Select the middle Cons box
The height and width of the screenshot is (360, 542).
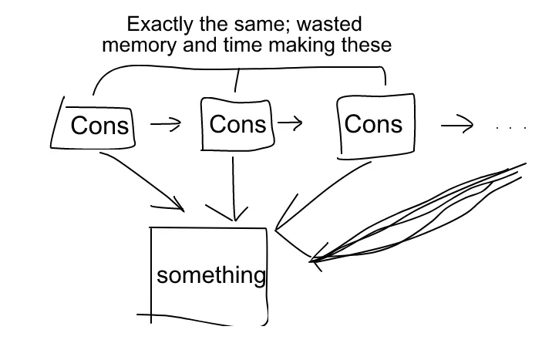point(235,123)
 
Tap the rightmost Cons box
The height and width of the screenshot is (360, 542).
point(374,123)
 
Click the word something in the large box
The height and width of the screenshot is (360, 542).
point(210,275)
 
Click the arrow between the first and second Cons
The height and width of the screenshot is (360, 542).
point(166,124)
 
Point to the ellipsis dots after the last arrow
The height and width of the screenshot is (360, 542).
point(511,126)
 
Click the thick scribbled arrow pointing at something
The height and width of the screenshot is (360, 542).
point(416,216)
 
